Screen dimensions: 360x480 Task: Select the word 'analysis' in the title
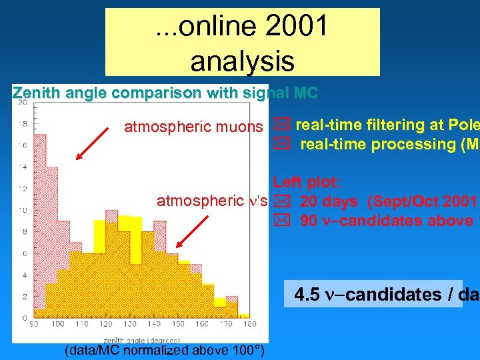click(242, 61)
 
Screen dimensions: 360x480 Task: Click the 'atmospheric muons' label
click(193, 126)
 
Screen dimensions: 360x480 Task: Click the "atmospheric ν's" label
click(212, 201)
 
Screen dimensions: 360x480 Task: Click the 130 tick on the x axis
click(130, 323)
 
